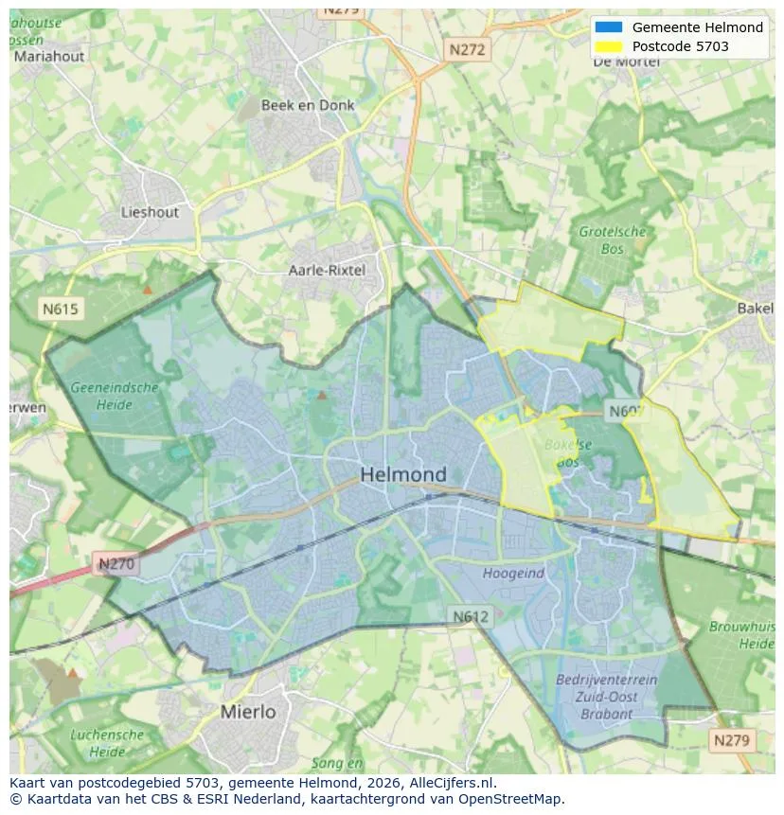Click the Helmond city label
pyautogui.click(x=402, y=474)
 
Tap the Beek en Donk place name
pyautogui.click(x=308, y=105)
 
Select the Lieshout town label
pyautogui.click(x=150, y=212)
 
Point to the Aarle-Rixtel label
pyautogui.click(x=327, y=270)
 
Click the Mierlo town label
pyautogui.click(x=248, y=711)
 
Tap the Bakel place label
pyautogui.click(x=755, y=309)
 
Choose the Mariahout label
pyautogui.click(x=48, y=56)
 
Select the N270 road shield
pyautogui.click(x=116, y=564)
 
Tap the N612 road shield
pyautogui.click(x=470, y=616)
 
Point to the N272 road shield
pyautogui.click(x=467, y=50)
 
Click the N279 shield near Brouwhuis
pyautogui.click(x=733, y=740)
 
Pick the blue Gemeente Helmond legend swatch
pyautogui.click(x=609, y=27)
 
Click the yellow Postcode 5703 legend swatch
pyautogui.click(x=609, y=46)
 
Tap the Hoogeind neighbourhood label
pyautogui.click(x=513, y=573)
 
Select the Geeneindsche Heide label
pyautogui.click(x=114, y=396)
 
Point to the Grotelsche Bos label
pyautogui.click(x=613, y=239)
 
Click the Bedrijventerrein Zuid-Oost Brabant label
pyautogui.click(x=606, y=697)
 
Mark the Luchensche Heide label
pyautogui.click(x=107, y=742)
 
